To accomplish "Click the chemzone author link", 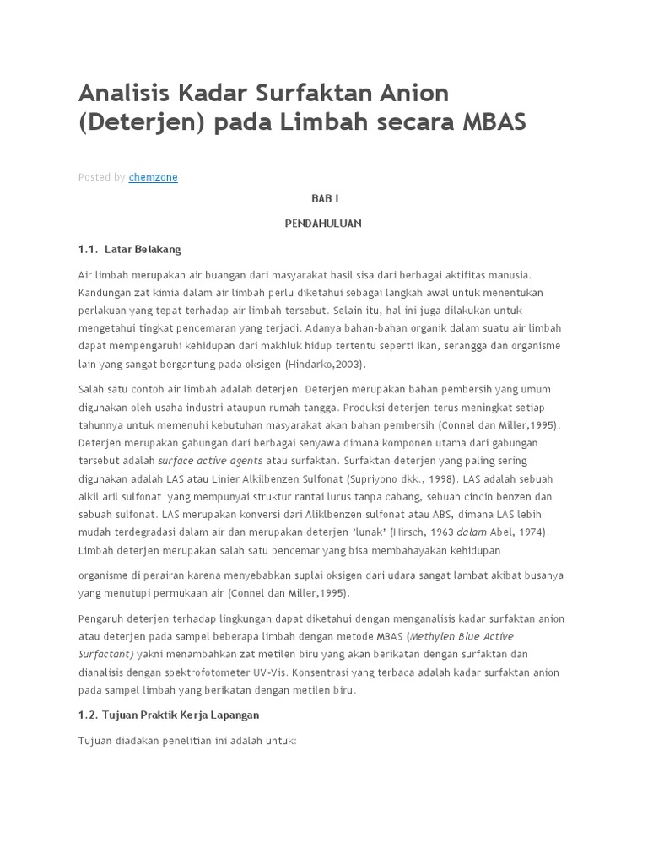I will [x=153, y=177].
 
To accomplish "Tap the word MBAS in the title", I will [x=494, y=121].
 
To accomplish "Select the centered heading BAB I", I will [x=324, y=198].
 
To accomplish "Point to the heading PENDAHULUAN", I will [x=324, y=224].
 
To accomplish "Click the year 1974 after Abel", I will [x=528, y=532].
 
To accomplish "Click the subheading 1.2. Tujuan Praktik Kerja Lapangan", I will [x=169, y=715].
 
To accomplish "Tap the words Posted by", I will [x=101, y=177].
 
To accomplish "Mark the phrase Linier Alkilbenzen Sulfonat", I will [x=273, y=478].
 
